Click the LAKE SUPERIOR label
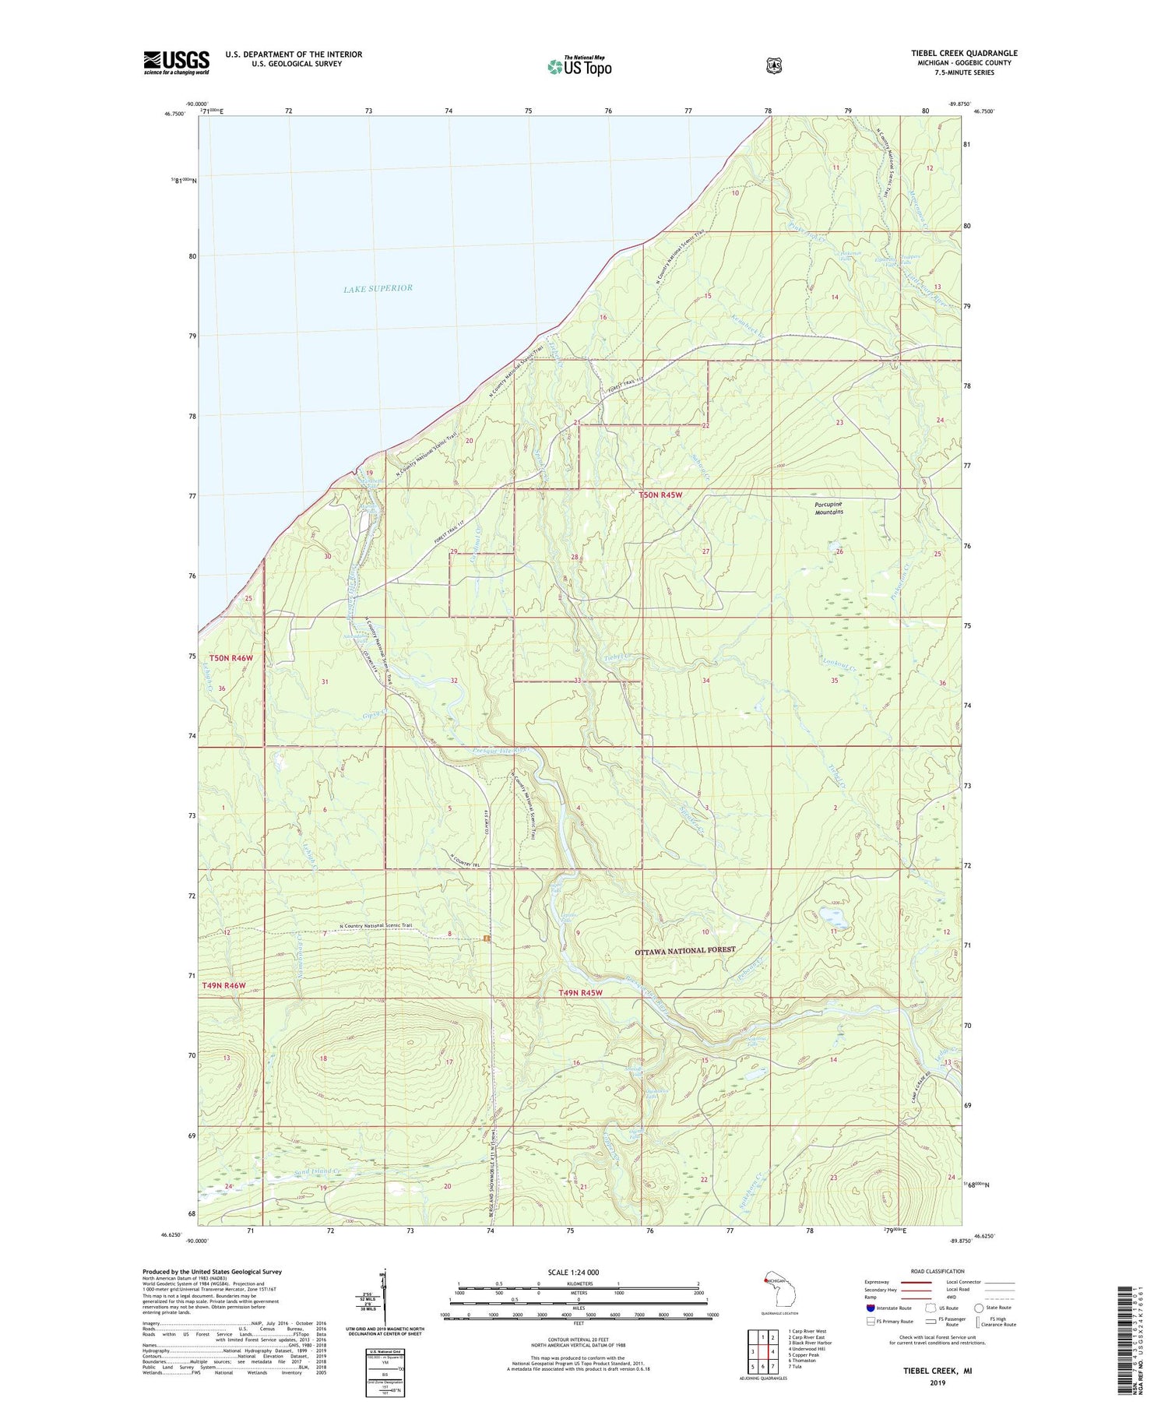pos(378,288)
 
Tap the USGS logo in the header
pos(176,62)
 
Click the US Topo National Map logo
pos(579,65)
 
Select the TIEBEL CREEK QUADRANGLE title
pos(964,54)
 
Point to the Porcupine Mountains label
pos(829,508)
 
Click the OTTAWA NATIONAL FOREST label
pos(684,950)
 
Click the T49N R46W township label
pos(223,985)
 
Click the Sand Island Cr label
pos(318,1171)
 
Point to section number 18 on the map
pos(323,1058)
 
